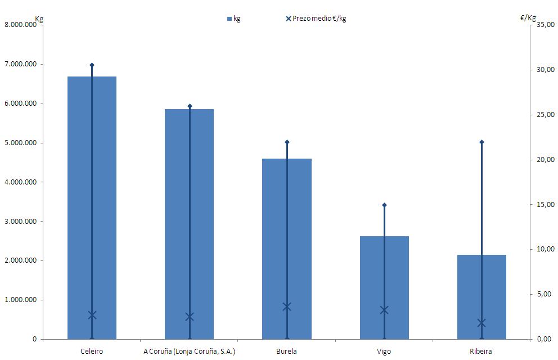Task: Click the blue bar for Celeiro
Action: (x=79, y=208)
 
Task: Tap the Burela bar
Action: (x=274, y=247)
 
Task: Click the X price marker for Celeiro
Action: (x=92, y=315)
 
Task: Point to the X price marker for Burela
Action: (x=287, y=307)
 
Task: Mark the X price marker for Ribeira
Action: (x=481, y=323)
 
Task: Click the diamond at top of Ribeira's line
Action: (x=481, y=142)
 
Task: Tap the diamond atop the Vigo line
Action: (x=384, y=205)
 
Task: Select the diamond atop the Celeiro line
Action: (x=92, y=65)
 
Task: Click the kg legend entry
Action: (x=233, y=19)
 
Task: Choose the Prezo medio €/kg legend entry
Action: (x=316, y=19)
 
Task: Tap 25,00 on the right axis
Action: (x=546, y=115)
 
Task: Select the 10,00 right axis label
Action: (x=546, y=249)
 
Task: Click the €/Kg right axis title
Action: (x=528, y=18)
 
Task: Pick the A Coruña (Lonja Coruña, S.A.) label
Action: (x=189, y=352)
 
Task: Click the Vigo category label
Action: (x=384, y=352)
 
